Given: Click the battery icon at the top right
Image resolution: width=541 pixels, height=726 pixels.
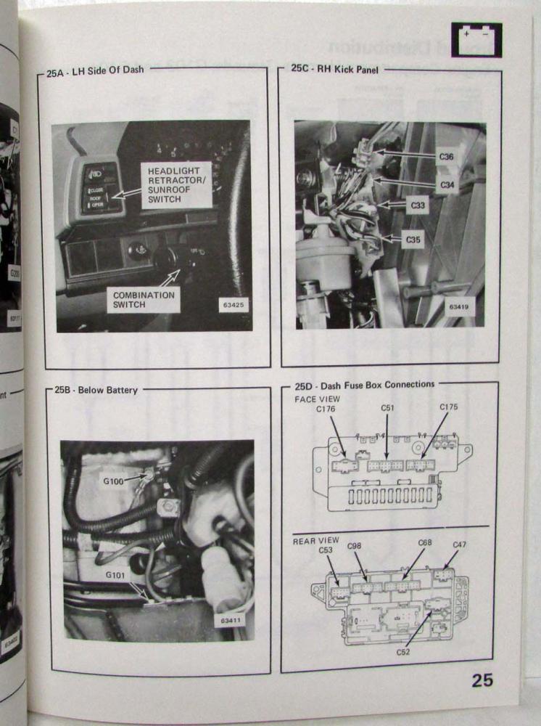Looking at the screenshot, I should click(476, 39).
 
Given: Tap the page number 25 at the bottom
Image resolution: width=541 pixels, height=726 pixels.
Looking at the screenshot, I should click(482, 680).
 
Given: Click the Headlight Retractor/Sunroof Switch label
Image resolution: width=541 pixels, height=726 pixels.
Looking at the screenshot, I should click(176, 185).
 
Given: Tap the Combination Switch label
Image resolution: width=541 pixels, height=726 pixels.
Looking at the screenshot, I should click(144, 301).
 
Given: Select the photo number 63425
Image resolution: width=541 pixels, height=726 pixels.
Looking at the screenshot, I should click(234, 305).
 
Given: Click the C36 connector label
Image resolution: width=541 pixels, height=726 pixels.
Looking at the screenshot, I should click(447, 157).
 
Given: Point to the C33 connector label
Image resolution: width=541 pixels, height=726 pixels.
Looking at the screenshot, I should click(418, 205).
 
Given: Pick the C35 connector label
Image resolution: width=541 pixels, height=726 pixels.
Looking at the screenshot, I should click(413, 238).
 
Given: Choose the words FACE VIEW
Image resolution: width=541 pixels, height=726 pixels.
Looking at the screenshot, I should click(315, 399).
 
